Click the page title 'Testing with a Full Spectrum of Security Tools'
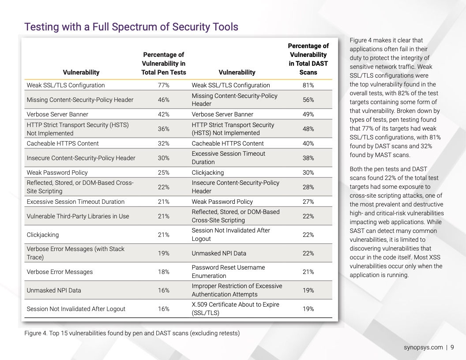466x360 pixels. click(x=132, y=27)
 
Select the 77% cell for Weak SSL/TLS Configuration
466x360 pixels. click(x=164, y=85)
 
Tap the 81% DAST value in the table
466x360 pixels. click(x=308, y=85)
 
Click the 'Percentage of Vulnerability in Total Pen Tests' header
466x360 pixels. click(x=164, y=64)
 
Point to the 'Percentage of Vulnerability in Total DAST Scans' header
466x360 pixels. click(x=308, y=59)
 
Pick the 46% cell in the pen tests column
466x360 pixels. click(x=164, y=100)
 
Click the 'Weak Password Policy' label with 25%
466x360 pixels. click(x=57, y=172)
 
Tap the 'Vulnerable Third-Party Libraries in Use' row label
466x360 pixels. click(x=78, y=216)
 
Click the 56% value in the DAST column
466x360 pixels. click(x=308, y=100)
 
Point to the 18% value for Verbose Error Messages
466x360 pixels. click(x=164, y=272)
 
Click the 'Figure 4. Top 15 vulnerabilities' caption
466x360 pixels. click(x=132, y=333)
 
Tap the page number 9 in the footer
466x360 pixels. click(x=452, y=347)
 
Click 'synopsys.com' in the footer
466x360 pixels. click(x=423, y=347)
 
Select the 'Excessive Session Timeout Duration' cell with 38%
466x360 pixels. click(x=229, y=158)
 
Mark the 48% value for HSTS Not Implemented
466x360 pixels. click(x=308, y=129)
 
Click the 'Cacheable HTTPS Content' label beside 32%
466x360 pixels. click(x=63, y=143)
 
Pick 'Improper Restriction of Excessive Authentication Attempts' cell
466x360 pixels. click(x=237, y=290)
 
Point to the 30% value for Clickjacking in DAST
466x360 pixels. click(x=308, y=172)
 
